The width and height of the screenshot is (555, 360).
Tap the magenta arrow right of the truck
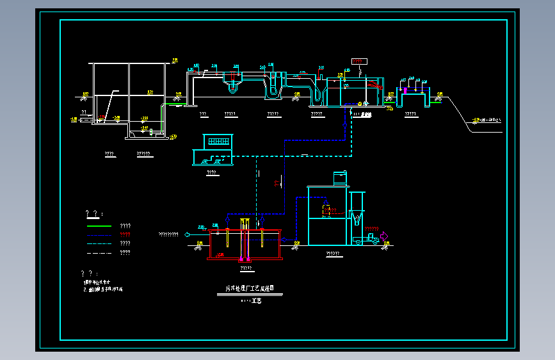click(384, 236)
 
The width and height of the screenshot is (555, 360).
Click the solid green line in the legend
click(99, 226)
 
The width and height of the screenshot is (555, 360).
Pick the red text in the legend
click(125, 234)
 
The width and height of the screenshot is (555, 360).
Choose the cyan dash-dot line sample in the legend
click(99, 243)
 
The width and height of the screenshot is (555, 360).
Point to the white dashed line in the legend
click(99, 253)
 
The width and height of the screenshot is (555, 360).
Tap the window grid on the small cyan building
click(218, 140)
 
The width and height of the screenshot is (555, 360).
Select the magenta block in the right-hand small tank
click(405, 91)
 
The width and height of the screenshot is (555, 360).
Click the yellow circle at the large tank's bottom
click(360, 103)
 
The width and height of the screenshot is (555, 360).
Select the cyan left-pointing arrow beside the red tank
click(187, 234)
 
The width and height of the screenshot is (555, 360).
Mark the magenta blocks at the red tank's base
click(243, 259)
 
